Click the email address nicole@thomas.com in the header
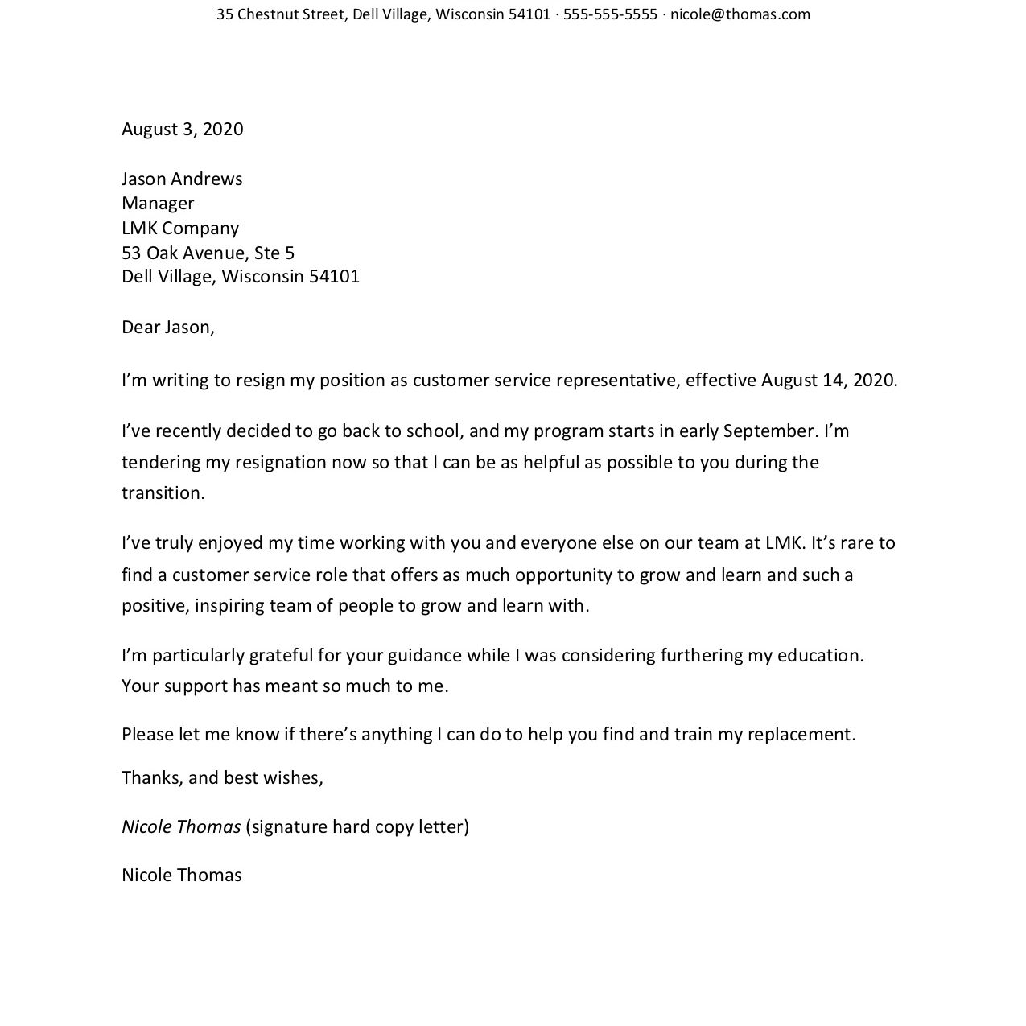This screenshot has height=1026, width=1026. click(x=740, y=14)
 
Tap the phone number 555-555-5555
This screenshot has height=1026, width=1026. click(x=610, y=14)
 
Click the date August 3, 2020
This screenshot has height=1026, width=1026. click(x=183, y=130)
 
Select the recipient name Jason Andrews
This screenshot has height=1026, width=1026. click(x=182, y=179)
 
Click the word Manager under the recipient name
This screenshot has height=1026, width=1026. click(x=158, y=204)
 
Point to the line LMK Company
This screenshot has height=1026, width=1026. click(x=180, y=229)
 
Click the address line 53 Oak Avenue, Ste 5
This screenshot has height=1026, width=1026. click(x=208, y=253)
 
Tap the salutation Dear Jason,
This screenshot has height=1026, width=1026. click(x=168, y=328)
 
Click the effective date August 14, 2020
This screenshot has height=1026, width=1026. click(x=828, y=381)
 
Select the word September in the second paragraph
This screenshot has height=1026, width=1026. click(x=770, y=431)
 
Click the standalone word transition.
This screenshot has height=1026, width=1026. click(x=163, y=493)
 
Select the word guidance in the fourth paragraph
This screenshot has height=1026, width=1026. click(x=424, y=656)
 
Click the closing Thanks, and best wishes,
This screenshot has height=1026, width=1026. click(x=222, y=778)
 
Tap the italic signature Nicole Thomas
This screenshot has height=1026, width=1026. click(x=181, y=827)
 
